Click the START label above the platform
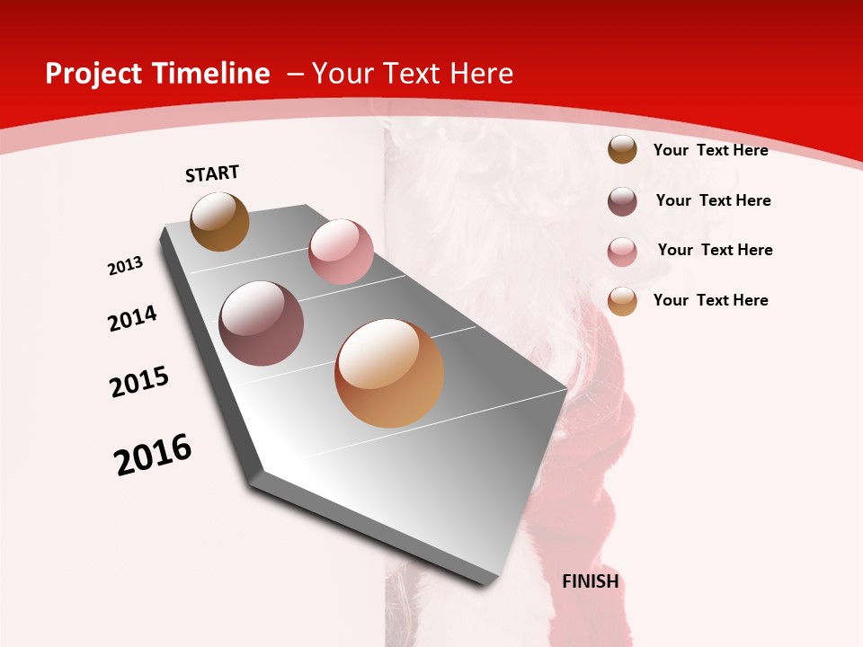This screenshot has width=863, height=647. tap(212, 173)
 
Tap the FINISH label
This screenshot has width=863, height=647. tap(591, 581)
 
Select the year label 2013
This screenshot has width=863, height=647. tap(126, 266)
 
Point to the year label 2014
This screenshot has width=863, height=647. tap(133, 318)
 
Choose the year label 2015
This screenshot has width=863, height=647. tap(139, 382)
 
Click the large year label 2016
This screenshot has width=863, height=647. tap(153, 456)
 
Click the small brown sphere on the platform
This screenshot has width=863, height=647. tap(219, 221)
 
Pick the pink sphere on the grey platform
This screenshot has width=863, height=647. tap(341, 252)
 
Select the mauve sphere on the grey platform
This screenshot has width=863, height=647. tap(262, 323)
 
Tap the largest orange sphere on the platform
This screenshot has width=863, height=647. tap(389, 373)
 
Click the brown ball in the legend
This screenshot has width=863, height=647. tap(622, 149)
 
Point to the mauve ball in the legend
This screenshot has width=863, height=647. tap(622, 201)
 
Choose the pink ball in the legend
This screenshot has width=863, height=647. tap(622, 252)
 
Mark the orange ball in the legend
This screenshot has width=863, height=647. tap(622, 301)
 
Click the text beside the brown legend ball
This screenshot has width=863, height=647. tap(710, 150)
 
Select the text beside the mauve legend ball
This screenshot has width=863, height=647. tap(713, 200)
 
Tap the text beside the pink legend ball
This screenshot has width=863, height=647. tap(715, 250)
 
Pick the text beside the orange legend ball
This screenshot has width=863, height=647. tap(710, 300)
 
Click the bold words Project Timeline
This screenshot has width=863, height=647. tap(157, 74)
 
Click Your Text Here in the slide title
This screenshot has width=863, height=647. tap(412, 74)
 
